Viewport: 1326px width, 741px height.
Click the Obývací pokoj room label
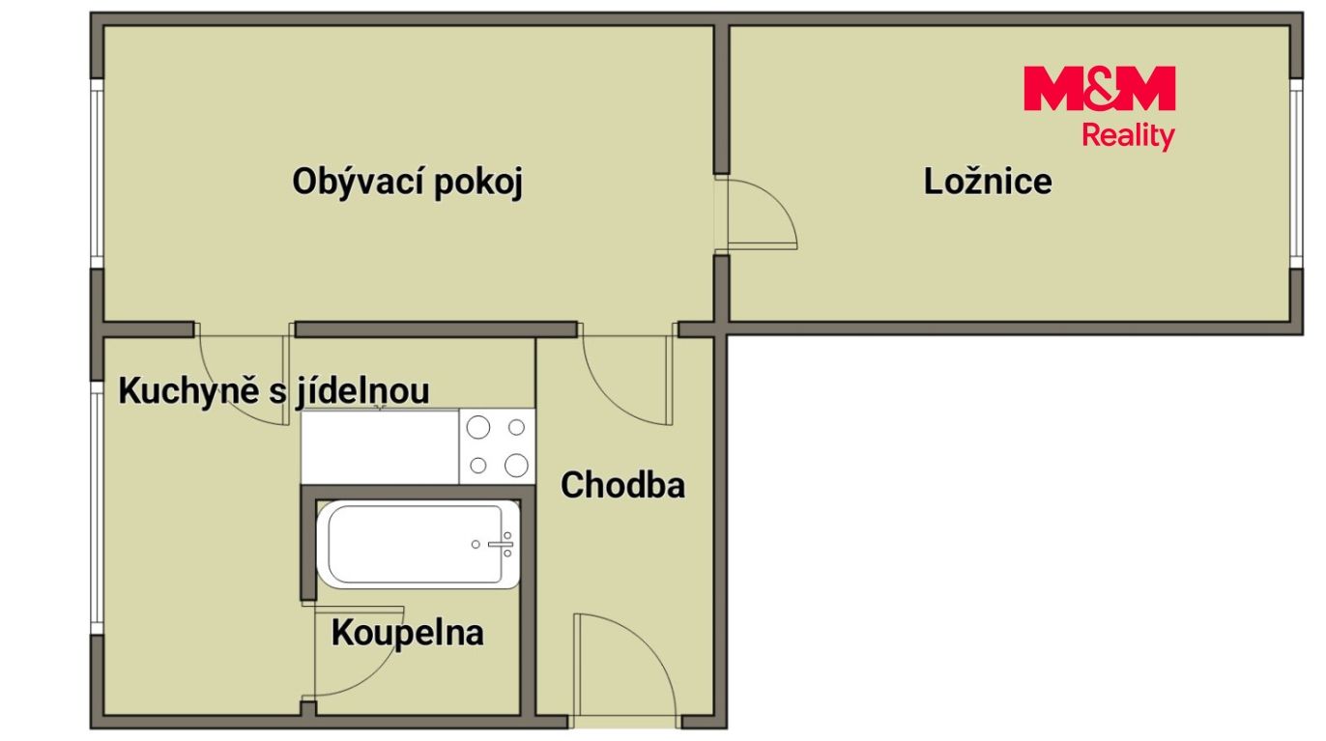(407, 183)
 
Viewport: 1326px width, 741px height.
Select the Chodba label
(622, 485)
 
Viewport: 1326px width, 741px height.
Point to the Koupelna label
(407, 634)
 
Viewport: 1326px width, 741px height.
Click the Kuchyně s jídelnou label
(274, 391)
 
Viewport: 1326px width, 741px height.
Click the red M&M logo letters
(1099, 89)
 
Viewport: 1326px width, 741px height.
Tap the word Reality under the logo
(1128, 136)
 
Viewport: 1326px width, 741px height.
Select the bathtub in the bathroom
(418, 545)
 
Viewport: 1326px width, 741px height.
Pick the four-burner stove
(497, 446)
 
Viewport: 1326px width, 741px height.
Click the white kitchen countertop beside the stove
(380, 446)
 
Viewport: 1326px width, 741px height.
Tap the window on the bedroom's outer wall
(1296, 173)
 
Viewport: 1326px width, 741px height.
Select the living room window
(97, 173)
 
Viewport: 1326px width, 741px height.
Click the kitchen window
(97, 508)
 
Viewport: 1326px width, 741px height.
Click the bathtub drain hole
(476, 545)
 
